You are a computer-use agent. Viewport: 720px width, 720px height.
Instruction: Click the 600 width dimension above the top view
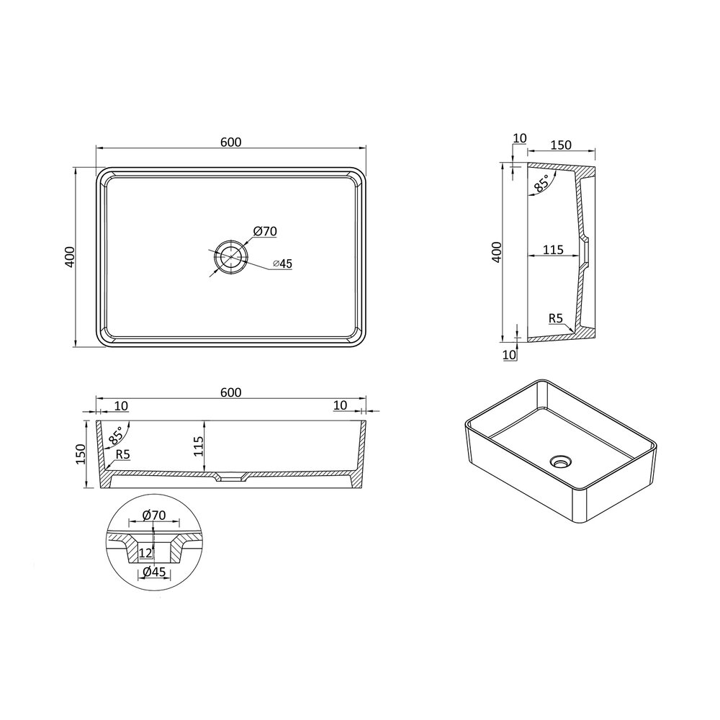click(230, 143)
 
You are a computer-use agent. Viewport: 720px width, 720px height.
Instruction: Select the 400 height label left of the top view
click(70, 257)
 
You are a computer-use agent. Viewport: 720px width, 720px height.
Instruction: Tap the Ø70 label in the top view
click(265, 231)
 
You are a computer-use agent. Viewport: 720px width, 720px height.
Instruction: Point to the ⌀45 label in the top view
click(282, 264)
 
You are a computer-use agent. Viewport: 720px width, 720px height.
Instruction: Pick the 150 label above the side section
click(561, 145)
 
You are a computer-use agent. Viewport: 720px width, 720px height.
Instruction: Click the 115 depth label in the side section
click(553, 250)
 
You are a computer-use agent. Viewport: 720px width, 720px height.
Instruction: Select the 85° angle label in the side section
click(541, 184)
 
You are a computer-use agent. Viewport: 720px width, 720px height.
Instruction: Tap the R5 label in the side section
click(556, 318)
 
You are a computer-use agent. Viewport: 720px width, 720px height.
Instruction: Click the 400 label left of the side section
click(497, 251)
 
